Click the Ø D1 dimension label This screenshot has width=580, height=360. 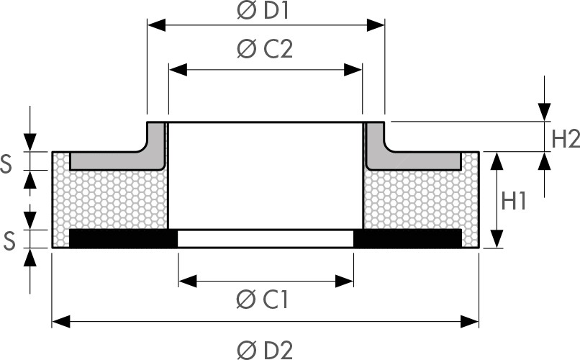coord(263,11)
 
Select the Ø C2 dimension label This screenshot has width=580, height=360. coord(265,49)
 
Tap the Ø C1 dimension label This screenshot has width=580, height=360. coord(262,300)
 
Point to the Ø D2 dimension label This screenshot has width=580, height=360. coord(265,350)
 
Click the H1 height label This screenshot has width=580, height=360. coord(514,202)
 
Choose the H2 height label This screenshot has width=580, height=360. coord(566,140)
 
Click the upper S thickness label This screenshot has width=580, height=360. coord(6,164)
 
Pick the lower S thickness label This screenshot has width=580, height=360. coord(9,241)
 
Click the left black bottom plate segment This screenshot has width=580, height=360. coord(123,238)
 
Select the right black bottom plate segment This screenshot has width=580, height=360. coord(407,238)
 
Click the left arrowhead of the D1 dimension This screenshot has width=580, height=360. coord(156,25)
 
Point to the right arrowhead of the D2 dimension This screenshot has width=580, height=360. coord(470,322)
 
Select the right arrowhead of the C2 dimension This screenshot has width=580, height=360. coord(353,70)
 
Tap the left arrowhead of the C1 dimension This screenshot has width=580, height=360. coord(188,282)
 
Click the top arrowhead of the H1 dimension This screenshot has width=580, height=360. coord(497,161)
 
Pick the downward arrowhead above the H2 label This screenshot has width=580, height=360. coord(545,112)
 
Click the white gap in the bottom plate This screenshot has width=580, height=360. coord(266,238)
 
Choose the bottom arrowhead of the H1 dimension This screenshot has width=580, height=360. coord(497,238)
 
